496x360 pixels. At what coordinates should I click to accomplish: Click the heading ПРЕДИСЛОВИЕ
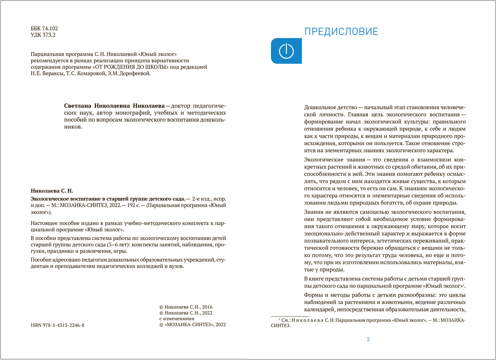pyautogui.click(x=341, y=31)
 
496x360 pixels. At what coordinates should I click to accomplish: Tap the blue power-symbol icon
pyautogui.click(x=286, y=51)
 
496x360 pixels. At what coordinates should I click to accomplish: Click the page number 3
pyautogui.click(x=368, y=339)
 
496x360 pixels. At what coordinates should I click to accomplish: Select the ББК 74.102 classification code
pyautogui.click(x=44, y=28)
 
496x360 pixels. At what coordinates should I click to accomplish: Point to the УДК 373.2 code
pyautogui.click(x=43, y=35)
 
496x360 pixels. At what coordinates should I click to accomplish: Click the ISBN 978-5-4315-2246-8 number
pyautogui.click(x=57, y=325)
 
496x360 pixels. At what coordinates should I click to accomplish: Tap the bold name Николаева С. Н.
pyautogui.click(x=52, y=191)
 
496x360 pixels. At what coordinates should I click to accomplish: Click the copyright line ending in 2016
pyautogui.click(x=186, y=307)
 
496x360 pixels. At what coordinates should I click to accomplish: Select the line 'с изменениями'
pyautogui.click(x=177, y=319)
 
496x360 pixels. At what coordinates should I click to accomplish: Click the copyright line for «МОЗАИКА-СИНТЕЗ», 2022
pyautogui.click(x=193, y=324)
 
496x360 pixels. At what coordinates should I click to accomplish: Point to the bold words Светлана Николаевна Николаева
pyautogui.click(x=114, y=106)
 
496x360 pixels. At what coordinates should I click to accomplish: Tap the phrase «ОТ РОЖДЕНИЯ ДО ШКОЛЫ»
pyautogui.click(x=130, y=67)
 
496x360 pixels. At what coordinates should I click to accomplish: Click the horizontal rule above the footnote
pyautogui.click(x=290, y=317)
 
